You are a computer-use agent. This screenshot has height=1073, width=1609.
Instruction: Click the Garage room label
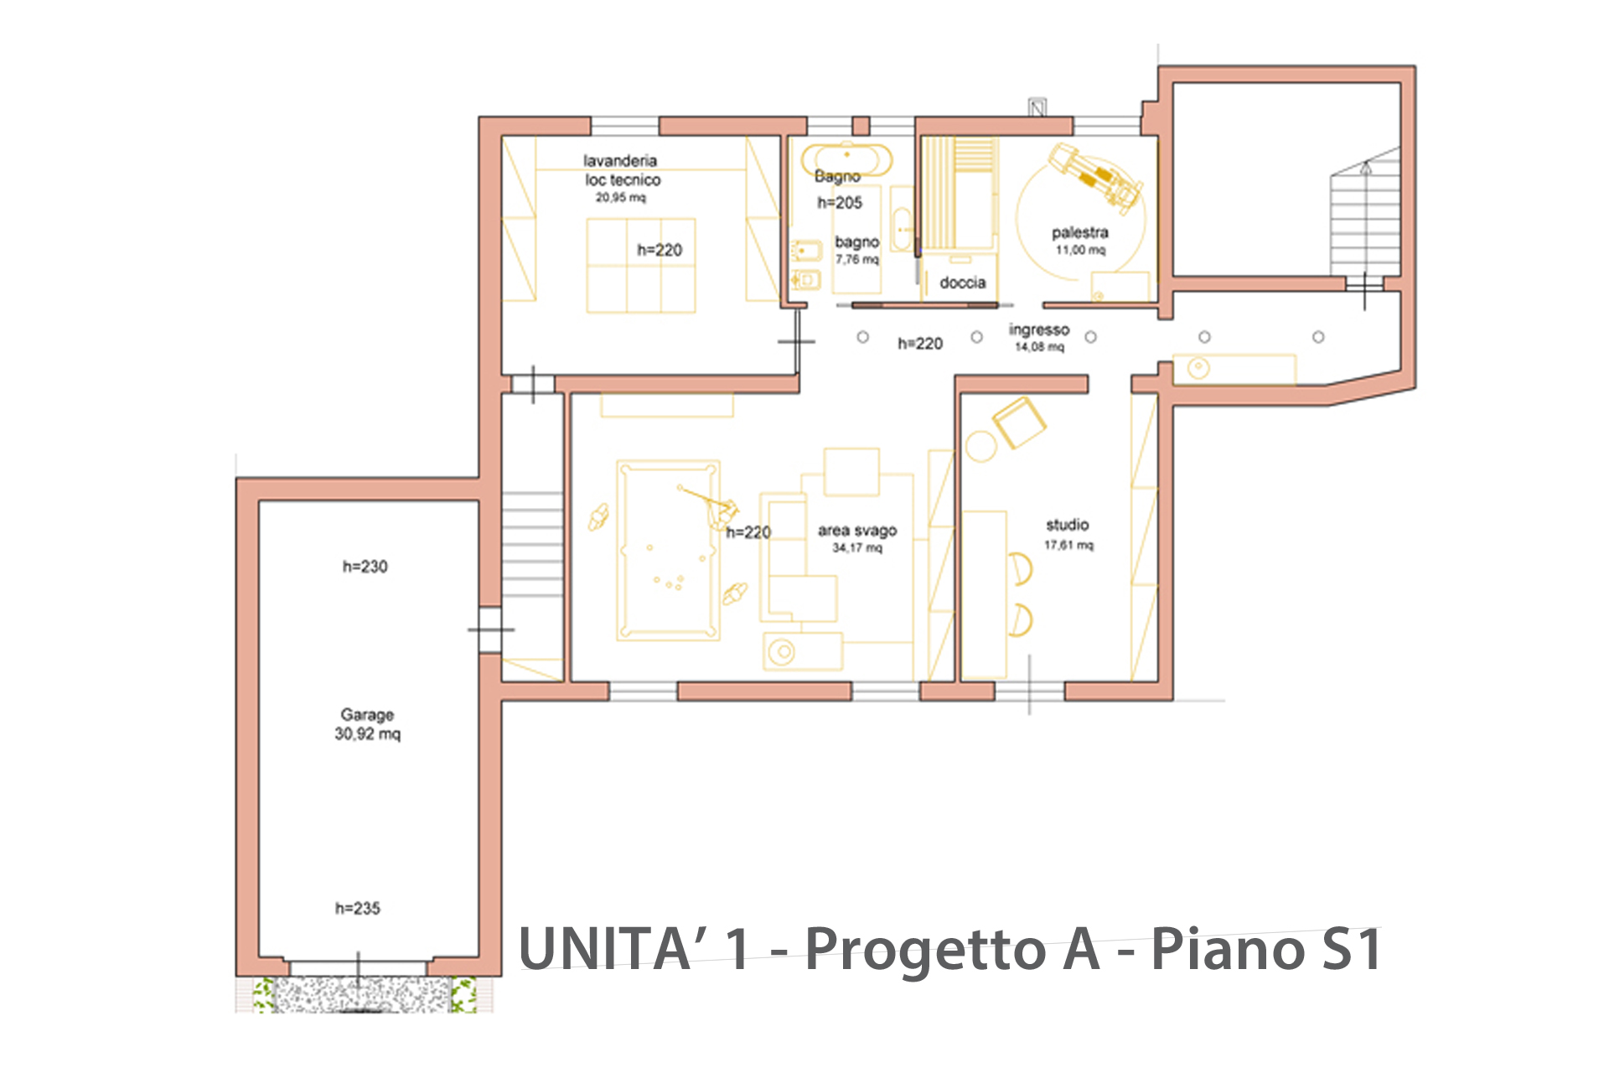click(x=367, y=715)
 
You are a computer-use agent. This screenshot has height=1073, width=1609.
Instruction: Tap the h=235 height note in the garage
click(x=358, y=908)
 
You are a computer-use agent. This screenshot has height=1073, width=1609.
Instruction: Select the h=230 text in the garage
click(x=365, y=567)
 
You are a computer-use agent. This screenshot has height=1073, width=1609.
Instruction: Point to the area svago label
click(x=857, y=531)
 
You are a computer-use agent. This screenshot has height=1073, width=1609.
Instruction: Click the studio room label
click(x=1068, y=525)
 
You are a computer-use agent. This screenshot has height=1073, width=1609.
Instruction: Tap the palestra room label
click(x=1080, y=232)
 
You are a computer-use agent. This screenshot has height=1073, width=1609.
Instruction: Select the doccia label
click(x=963, y=283)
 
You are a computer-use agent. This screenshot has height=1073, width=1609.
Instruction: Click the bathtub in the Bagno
click(x=846, y=159)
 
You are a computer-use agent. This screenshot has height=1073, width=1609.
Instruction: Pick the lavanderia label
click(x=620, y=160)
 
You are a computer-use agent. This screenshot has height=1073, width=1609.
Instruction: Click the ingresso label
click(x=1039, y=329)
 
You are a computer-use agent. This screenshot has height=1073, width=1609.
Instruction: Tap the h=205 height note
click(x=840, y=203)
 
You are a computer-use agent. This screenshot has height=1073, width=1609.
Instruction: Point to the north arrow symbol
click(x=1037, y=107)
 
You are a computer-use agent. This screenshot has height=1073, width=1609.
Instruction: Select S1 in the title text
click(x=1352, y=949)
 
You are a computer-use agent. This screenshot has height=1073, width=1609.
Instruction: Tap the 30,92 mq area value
click(x=368, y=734)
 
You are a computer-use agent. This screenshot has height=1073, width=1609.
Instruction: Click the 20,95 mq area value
click(x=621, y=198)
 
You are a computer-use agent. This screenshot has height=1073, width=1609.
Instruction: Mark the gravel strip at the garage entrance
click(x=364, y=994)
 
